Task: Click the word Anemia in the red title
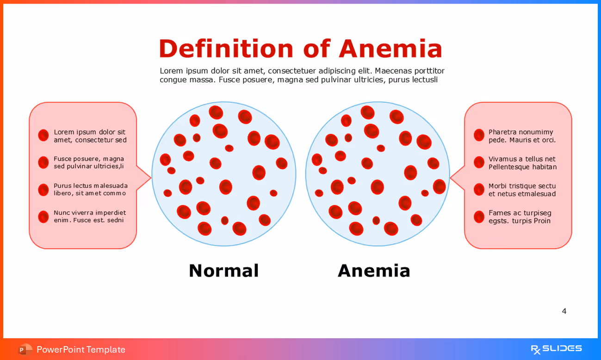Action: click(390, 49)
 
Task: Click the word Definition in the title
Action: click(226, 49)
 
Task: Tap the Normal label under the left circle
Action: click(223, 271)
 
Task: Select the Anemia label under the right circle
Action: click(374, 271)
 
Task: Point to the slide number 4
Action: click(564, 311)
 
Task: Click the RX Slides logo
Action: click(556, 349)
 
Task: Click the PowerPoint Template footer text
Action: click(81, 349)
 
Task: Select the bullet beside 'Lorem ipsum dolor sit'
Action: click(43, 135)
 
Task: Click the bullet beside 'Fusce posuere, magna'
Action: click(43, 162)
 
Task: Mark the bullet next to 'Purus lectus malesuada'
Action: click(43, 190)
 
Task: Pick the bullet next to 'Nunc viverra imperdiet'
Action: click(43, 217)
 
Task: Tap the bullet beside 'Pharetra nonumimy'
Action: click(479, 135)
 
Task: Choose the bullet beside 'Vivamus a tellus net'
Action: click(479, 162)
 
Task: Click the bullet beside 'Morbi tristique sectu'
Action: click(479, 190)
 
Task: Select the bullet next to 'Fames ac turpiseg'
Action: click(479, 217)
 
